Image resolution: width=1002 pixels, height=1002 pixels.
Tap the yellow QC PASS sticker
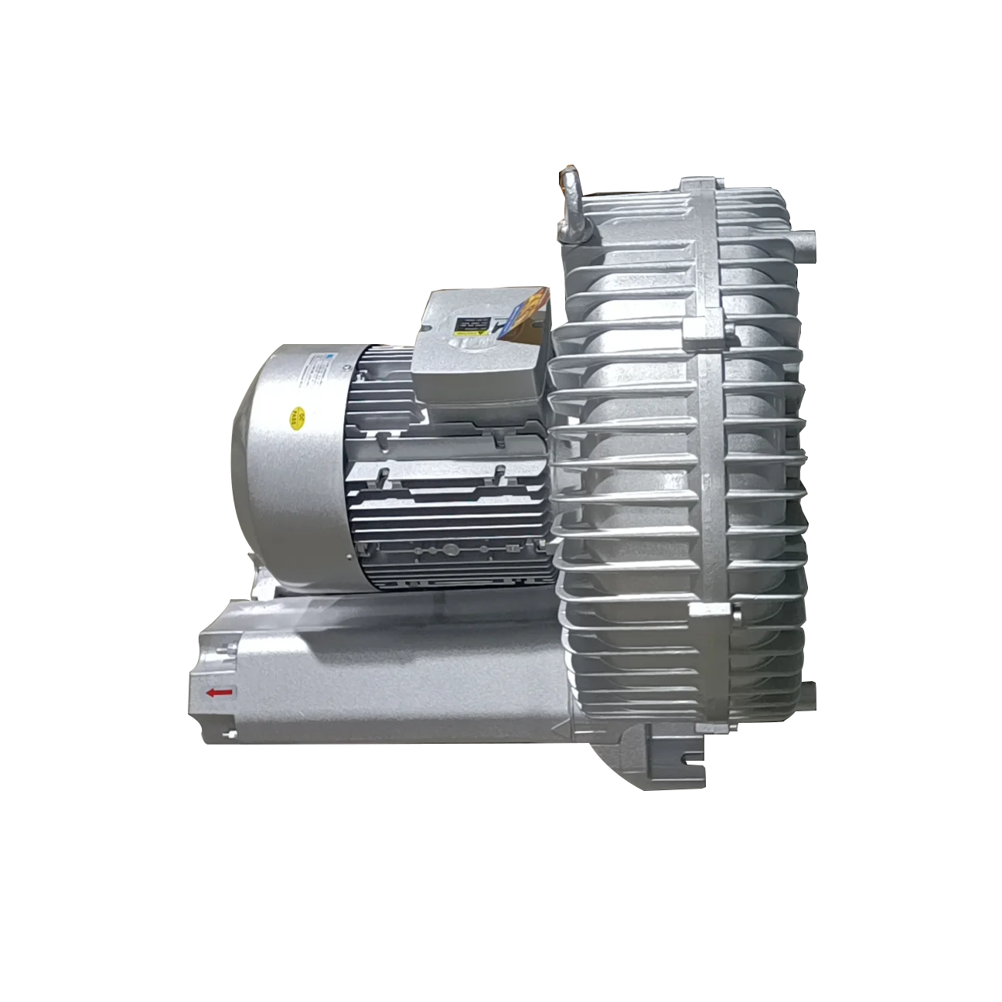295,418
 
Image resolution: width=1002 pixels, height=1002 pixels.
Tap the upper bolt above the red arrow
227,649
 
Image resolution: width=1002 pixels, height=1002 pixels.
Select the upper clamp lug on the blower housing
698,332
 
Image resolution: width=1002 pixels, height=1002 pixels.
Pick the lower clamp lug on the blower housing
707,612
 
